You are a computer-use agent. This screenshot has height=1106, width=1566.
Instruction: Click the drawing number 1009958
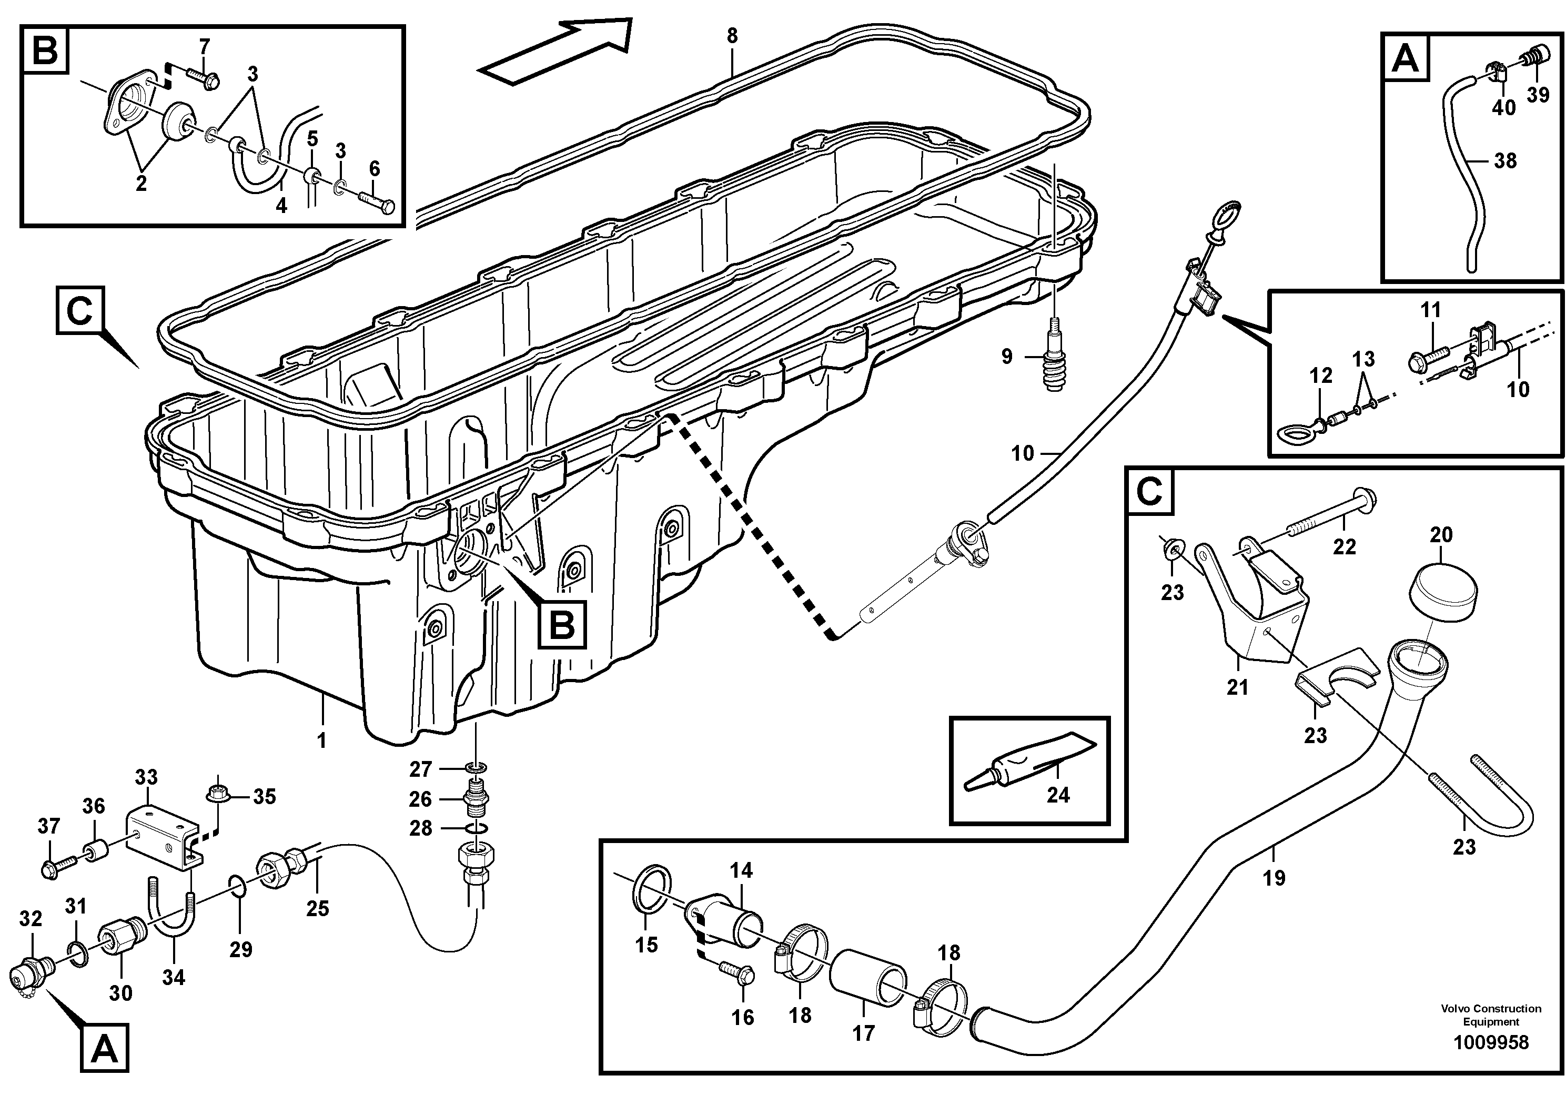click(x=1491, y=1042)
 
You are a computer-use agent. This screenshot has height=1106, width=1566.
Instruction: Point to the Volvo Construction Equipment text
click(x=1491, y=1014)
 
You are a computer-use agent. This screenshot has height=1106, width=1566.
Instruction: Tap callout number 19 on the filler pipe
click(x=1274, y=878)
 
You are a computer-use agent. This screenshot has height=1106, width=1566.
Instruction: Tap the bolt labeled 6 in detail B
click(x=377, y=202)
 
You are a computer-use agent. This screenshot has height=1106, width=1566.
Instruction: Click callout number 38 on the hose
click(x=1506, y=161)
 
